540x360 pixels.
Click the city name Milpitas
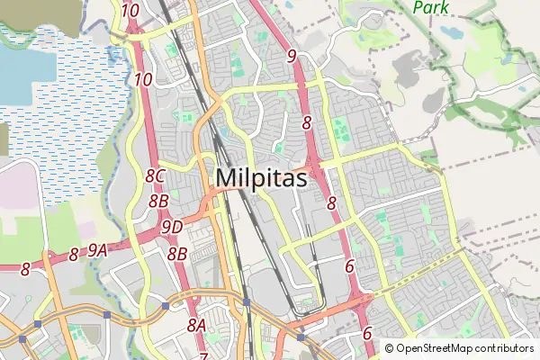[261, 178]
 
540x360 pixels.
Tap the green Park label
[431, 7]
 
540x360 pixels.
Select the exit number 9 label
[292, 56]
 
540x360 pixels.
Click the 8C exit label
[155, 176]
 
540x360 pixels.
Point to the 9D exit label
[172, 227]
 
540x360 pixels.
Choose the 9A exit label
[98, 253]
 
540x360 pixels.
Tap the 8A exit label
[197, 325]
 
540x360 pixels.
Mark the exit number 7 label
[203, 357]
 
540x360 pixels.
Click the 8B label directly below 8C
[158, 201]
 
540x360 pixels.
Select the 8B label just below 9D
[176, 254]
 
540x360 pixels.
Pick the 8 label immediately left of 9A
[74, 256]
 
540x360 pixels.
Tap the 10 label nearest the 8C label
[142, 79]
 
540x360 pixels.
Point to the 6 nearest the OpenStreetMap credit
[366, 333]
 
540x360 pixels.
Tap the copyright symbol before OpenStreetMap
[390, 347]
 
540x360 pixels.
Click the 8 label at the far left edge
[25, 268]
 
